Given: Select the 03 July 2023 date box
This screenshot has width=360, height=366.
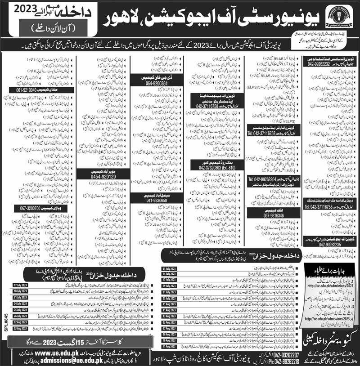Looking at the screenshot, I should pyautogui.click(x=166, y=268).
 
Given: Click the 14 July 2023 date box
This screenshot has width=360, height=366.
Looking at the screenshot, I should pyautogui.click(x=166, y=274).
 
